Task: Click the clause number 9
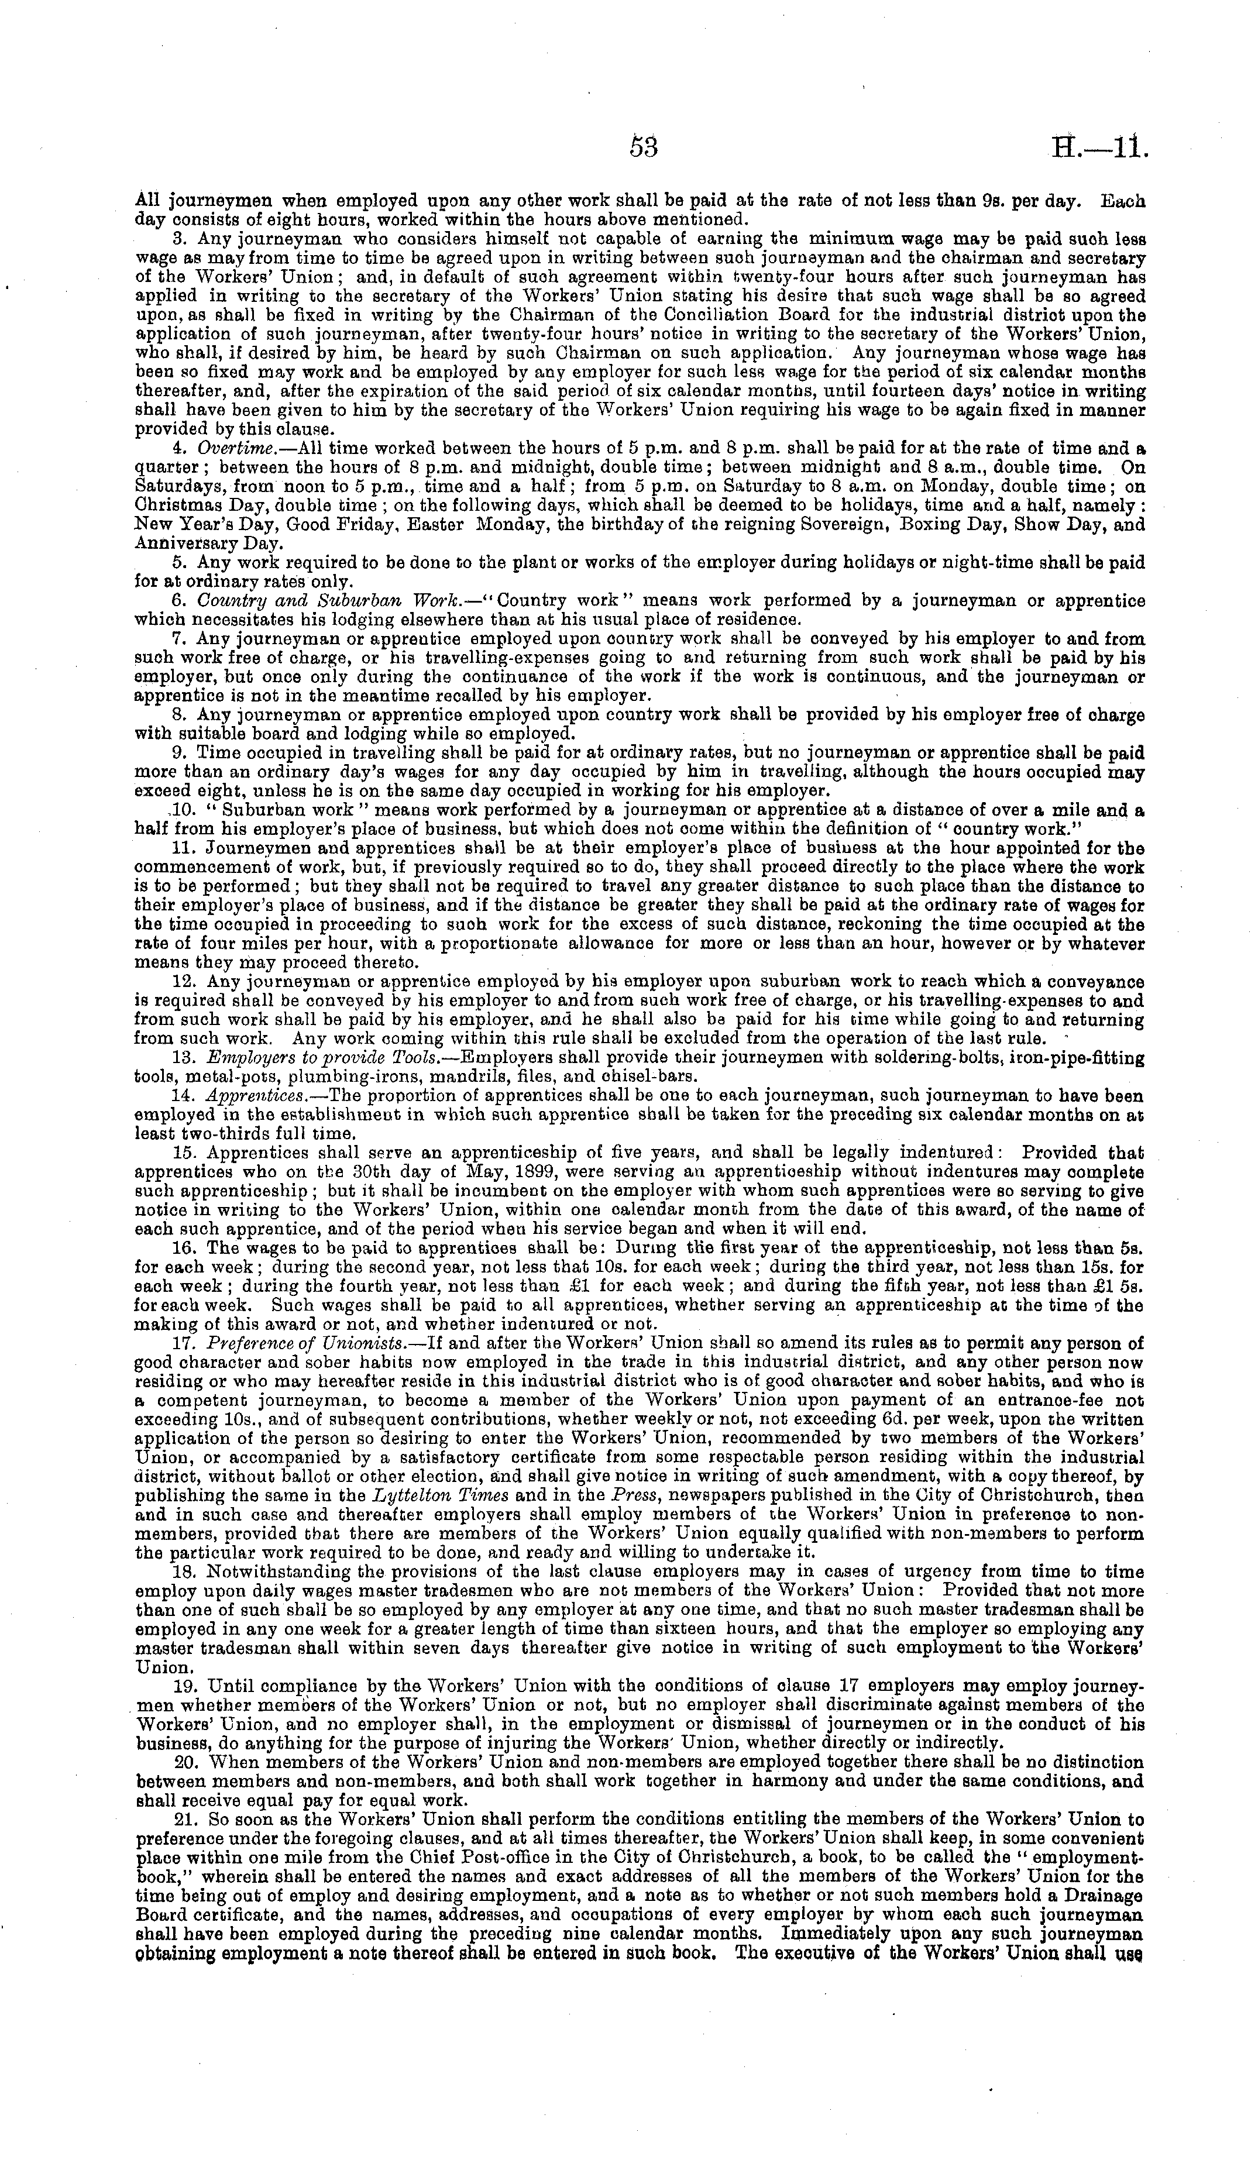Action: tap(180, 753)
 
